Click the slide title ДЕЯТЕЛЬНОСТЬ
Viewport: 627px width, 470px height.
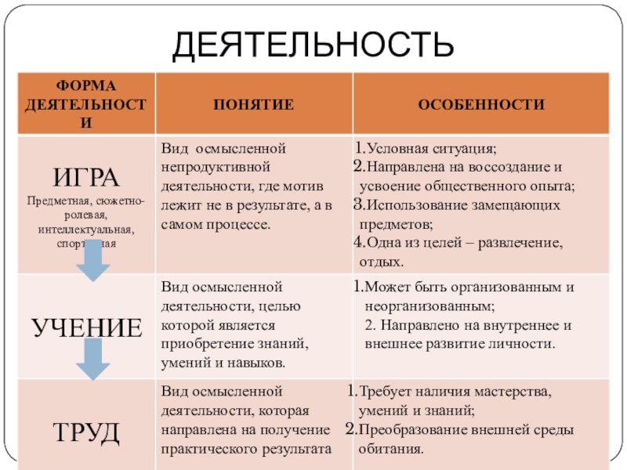(313, 45)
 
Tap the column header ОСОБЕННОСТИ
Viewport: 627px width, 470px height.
(481, 104)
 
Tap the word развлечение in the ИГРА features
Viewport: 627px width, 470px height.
(521, 243)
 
